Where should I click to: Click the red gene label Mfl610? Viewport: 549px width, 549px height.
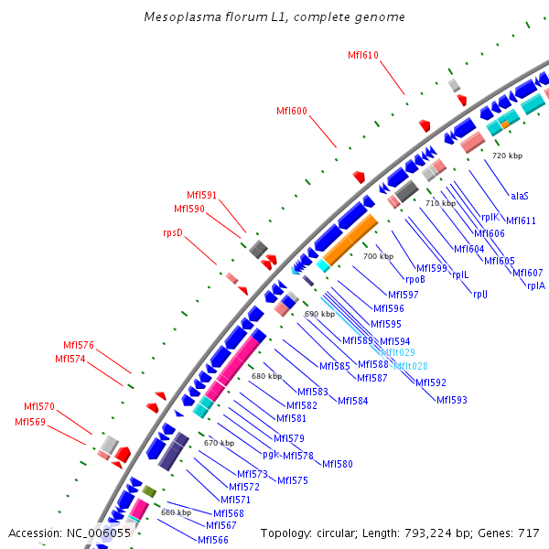pyautogui.click(x=363, y=55)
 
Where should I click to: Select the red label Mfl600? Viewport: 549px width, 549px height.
pyautogui.click(x=292, y=111)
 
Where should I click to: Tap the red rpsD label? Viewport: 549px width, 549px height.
pyautogui.click(x=173, y=232)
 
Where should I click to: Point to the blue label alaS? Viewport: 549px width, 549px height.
pyautogui.click(x=520, y=195)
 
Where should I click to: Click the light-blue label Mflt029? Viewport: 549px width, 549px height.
pyautogui.click(x=398, y=352)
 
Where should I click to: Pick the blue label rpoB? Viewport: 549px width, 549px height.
pyautogui.click(x=415, y=280)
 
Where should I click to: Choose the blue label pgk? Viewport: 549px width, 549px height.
pyautogui.click(x=270, y=454)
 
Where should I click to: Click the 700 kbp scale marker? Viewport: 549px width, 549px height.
pyautogui.click(x=378, y=256)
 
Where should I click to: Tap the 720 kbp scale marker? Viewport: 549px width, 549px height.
pyautogui.click(x=507, y=156)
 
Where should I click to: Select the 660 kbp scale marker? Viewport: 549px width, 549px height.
pyautogui.click(x=176, y=512)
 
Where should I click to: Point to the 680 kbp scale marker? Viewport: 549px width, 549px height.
pyautogui.click(x=266, y=376)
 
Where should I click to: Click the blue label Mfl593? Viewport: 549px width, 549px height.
pyautogui.click(x=451, y=399)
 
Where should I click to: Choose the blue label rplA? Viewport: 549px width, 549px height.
pyautogui.click(x=536, y=285)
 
